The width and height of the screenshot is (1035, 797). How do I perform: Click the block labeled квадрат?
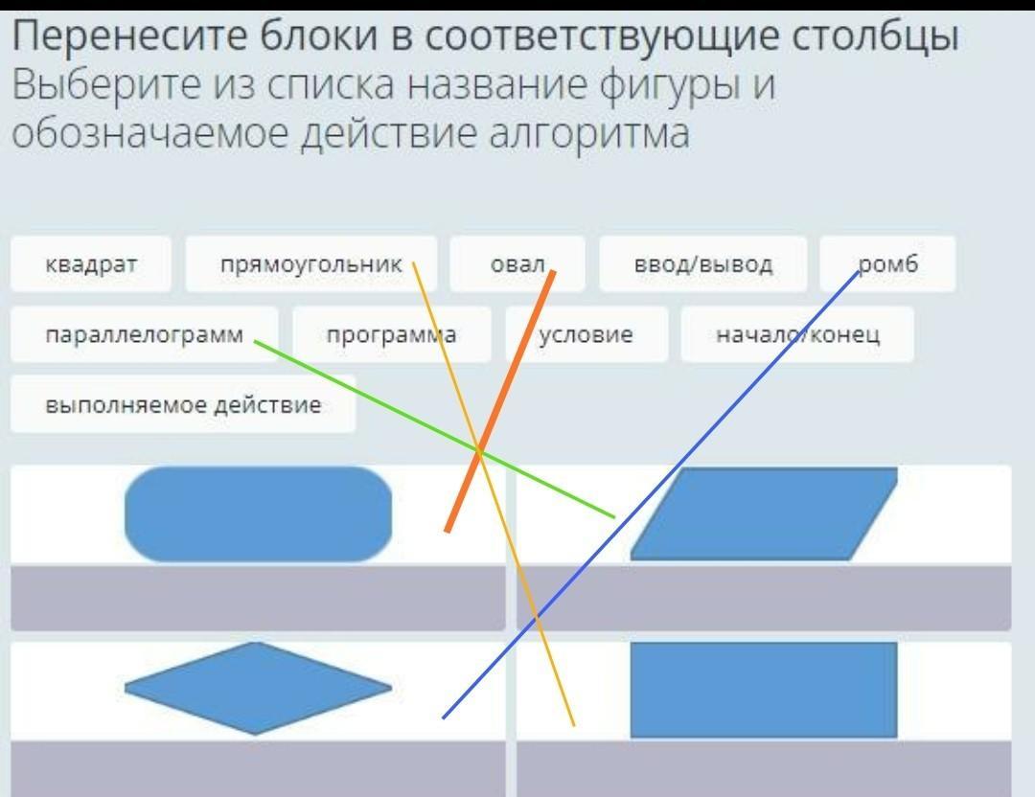point(91,263)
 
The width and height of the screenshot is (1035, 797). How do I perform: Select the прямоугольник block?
point(310,263)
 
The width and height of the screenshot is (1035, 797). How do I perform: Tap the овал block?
point(517,263)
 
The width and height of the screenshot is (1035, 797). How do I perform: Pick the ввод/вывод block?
point(703,263)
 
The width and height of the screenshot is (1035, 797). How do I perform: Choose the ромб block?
point(887,263)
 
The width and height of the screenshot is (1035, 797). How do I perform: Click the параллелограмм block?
point(144,334)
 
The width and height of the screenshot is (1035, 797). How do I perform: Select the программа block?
point(391,334)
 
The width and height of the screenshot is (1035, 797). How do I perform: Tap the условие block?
point(586,334)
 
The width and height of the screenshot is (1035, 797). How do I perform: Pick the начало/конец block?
point(797,334)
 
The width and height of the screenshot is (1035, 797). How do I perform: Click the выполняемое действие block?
point(183,404)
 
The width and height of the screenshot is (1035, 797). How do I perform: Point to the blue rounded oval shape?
point(258,513)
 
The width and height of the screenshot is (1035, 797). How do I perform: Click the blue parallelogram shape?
point(764,513)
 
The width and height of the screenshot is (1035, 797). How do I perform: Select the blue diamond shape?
point(258,688)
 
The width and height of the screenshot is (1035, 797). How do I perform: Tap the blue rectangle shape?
point(764,690)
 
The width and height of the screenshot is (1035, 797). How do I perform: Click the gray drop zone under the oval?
point(258,598)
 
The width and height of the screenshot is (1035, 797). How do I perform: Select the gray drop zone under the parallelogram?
point(764,598)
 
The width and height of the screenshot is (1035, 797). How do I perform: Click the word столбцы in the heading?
point(876,36)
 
